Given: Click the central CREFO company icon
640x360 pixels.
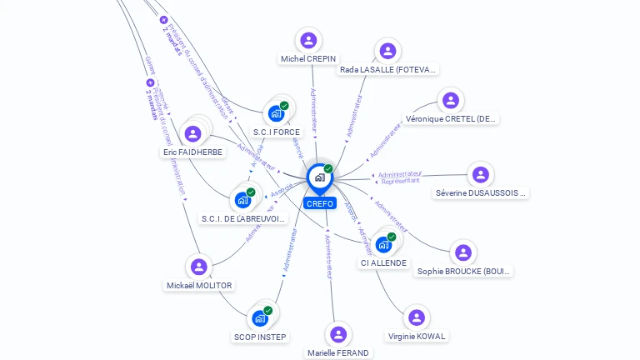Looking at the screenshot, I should click(319, 177).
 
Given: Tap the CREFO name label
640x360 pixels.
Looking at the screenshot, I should click(319, 203).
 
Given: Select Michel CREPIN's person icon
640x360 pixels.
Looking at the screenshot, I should click(308, 40).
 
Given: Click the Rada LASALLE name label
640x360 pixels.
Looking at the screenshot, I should click(387, 70).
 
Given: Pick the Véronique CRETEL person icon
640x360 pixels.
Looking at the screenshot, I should click(451, 100).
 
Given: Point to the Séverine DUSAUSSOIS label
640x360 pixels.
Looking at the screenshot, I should click(481, 193).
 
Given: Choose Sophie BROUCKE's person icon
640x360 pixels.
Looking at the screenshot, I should click(463, 252).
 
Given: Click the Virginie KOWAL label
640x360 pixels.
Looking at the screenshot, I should click(417, 337).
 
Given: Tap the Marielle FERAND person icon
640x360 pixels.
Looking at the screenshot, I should click(337, 334).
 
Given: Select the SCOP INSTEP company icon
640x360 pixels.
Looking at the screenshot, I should click(260, 318).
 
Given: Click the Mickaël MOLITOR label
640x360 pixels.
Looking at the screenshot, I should click(199, 285).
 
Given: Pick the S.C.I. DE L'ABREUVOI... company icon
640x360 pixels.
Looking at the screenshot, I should click(242, 200).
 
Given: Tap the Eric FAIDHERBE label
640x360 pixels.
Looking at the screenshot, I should click(192, 152).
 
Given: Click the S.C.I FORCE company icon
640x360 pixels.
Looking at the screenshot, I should click(276, 113).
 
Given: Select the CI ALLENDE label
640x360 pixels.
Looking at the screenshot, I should click(383, 263).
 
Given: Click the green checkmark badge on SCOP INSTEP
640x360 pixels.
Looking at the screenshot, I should click(267, 311).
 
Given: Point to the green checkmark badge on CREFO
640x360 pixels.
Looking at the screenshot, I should click(328, 169).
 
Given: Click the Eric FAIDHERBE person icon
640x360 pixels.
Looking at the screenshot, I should click(192, 133).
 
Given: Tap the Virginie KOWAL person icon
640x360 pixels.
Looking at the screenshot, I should click(417, 317).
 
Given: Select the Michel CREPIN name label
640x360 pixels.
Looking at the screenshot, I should click(308, 59).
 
